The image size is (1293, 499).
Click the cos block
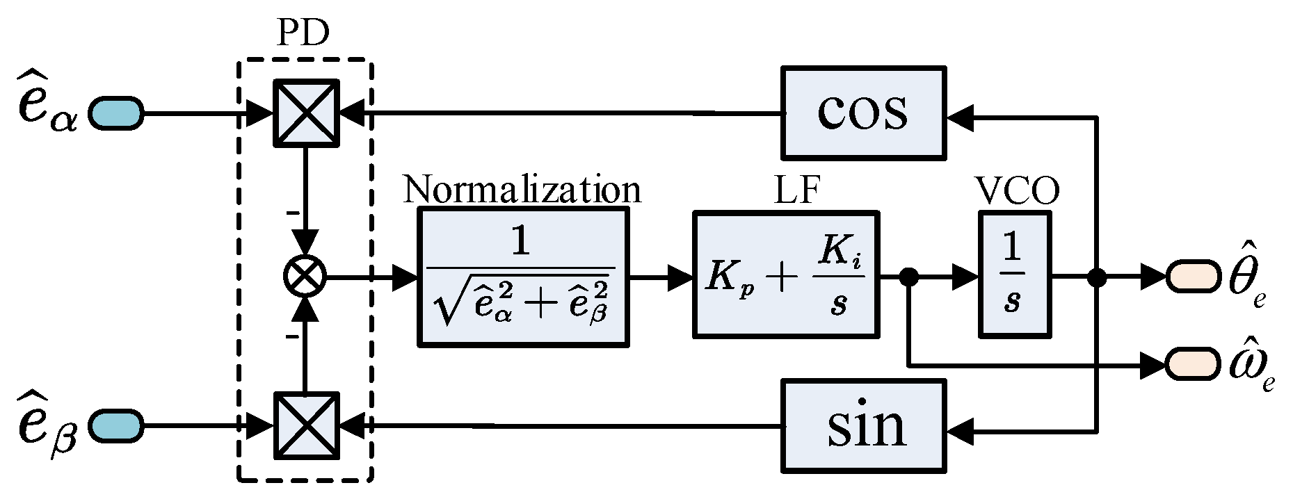pyautogui.click(x=863, y=112)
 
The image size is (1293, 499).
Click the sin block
pyautogui.click(x=863, y=425)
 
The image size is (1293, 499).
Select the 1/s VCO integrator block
pyautogui.click(x=1014, y=275)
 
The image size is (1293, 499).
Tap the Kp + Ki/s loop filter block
pyautogui.click(x=785, y=275)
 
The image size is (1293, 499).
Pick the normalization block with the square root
pyautogui.click(x=522, y=277)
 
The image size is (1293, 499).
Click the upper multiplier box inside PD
pyautogui.click(x=305, y=113)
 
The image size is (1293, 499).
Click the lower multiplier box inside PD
pyautogui.click(x=305, y=425)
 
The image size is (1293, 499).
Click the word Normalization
pyautogui.click(x=522, y=189)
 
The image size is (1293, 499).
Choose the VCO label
pyautogui.click(x=1016, y=189)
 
